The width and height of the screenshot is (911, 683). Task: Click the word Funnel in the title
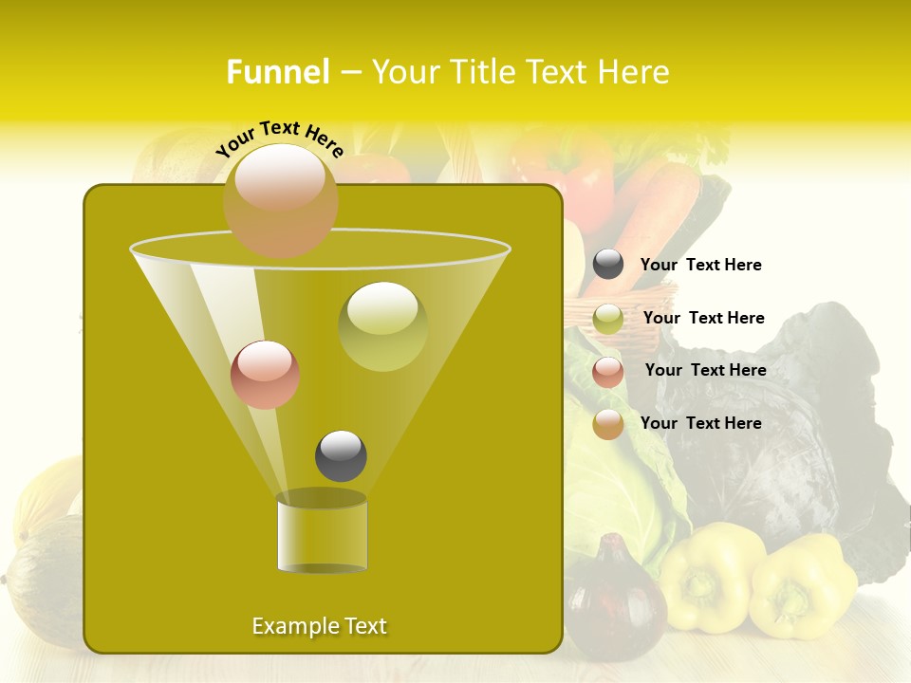pyautogui.click(x=277, y=72)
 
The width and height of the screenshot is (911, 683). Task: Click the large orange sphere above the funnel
pyautogui.click(x=280, y=200)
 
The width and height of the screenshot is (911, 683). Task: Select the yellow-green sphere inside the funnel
pyautogui.click(x=382, y=326)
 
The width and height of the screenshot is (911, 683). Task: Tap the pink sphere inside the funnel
pyautogui.click(x=265, y=375)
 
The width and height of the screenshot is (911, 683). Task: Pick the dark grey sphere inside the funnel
pyautogui.click(x=341, y=456)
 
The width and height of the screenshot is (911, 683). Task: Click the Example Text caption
pyautogui.click(x=320, y=626)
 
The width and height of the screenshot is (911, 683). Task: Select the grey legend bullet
pyautogui.click(x=608, y=265)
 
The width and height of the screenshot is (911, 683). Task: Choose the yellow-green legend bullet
pyautogui.click(x=608, y=319)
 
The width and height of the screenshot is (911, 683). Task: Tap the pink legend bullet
pyautogui.click(x=608, y=372)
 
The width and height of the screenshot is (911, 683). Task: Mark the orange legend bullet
pyautogui.click(x=608, y=424)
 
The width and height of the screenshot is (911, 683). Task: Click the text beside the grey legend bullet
pyautogui.click(x=700, y=266)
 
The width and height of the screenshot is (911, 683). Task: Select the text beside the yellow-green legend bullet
pyautogui.click(x=703, y=319)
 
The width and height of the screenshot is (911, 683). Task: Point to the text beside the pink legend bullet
pyautogui.click(x=705, y=371)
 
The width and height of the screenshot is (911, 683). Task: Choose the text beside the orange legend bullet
pyautogui.click(x=700, y=423)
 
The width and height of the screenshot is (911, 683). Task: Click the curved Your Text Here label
pyautogui.click(x=279, y=137)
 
